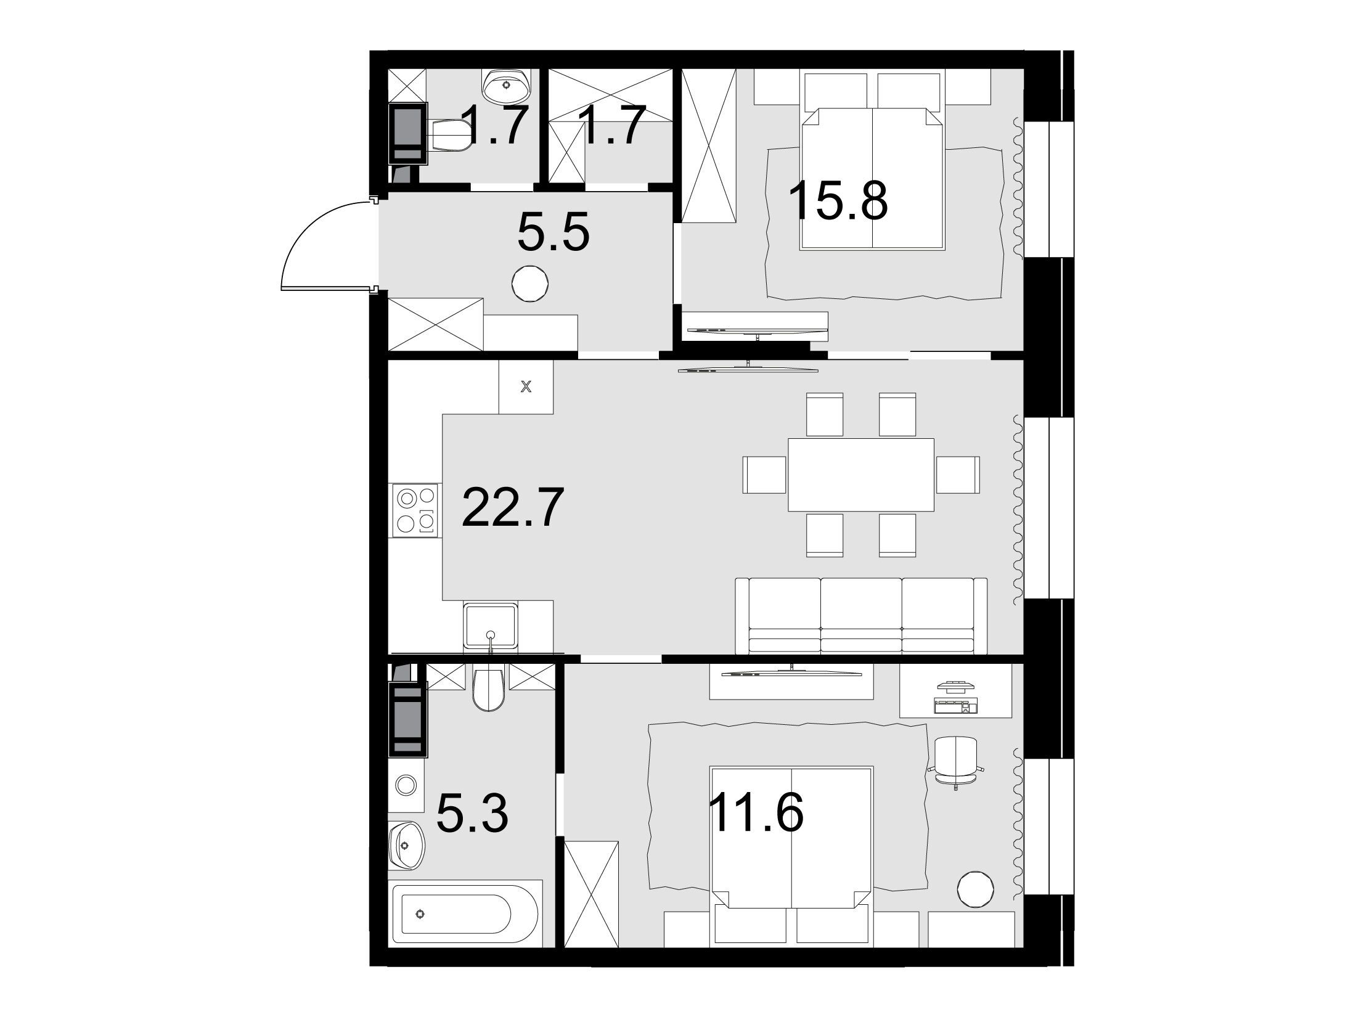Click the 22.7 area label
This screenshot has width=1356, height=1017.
point(512,508)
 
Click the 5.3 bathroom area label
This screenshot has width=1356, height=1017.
point(472,813)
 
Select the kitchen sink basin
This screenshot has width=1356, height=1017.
point(491,626)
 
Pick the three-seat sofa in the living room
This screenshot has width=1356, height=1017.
point(861,616)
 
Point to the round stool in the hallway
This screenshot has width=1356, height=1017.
point(530,284)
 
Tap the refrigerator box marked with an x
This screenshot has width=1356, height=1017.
point(526,387)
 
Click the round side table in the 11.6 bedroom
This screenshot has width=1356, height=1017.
point(976,889)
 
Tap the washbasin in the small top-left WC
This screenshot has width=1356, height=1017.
point(507,86)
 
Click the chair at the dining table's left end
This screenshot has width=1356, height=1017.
point(766,475)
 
